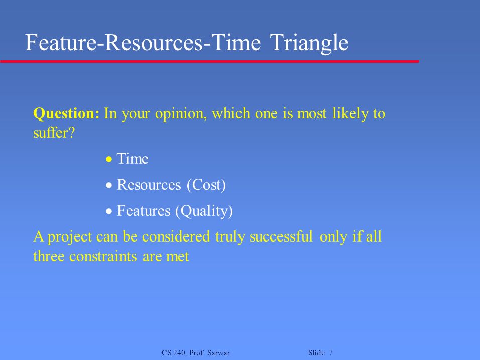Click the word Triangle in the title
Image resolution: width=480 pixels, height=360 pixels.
(309, 43)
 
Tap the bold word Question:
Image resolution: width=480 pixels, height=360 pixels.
(66, 114)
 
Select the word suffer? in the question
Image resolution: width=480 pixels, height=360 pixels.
(54, 133)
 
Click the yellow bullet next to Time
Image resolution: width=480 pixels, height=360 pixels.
(109, 159)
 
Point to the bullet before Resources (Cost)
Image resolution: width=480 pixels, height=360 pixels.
(109, 185)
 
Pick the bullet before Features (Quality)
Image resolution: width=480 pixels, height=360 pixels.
(109, 211)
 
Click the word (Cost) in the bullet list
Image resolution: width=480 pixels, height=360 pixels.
(206, 185)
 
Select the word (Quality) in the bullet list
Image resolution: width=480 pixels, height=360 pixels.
(204, 211)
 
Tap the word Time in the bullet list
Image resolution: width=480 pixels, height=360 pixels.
(133, 159)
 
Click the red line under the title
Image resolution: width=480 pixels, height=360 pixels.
(210, 62)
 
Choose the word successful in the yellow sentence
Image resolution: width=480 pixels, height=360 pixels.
(281, 236)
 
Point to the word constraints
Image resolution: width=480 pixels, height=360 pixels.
(103, 256)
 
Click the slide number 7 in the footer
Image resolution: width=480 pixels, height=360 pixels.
(331, 353)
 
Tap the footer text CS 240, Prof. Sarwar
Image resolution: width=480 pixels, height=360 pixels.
(196, 353)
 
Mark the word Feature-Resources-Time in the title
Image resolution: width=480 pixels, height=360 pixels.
(143, 42)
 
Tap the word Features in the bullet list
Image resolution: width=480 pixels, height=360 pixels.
(143, 211)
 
